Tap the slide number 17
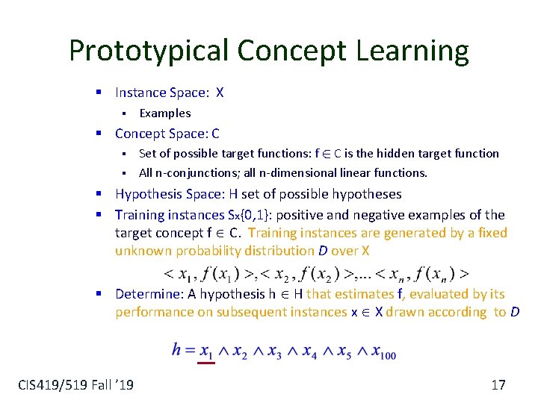click(x=498, y=385)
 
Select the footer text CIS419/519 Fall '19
click(x=75, y=385)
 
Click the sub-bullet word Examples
click(x=165, y=113)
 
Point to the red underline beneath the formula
click(x=205, y=363)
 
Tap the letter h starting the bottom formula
click(x=177, y=349)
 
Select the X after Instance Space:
click(x=219, y=93)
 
